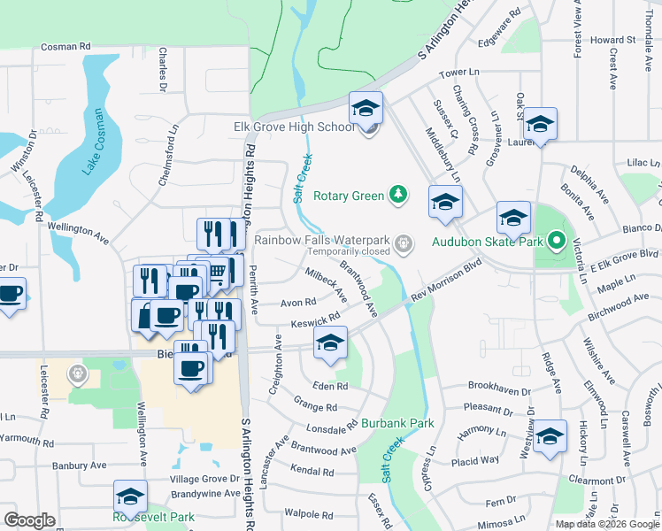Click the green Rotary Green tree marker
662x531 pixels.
point(399,195)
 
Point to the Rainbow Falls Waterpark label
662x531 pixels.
point(323,239)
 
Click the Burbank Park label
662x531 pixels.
point(397,424)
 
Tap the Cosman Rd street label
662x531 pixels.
point(66,46)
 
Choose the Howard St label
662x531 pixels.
point(613,40)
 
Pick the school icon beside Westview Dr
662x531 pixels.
point(550,436)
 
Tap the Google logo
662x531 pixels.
point(30,520)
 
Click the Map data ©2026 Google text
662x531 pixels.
point(607,524)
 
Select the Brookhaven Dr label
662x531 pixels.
point(499,387)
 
